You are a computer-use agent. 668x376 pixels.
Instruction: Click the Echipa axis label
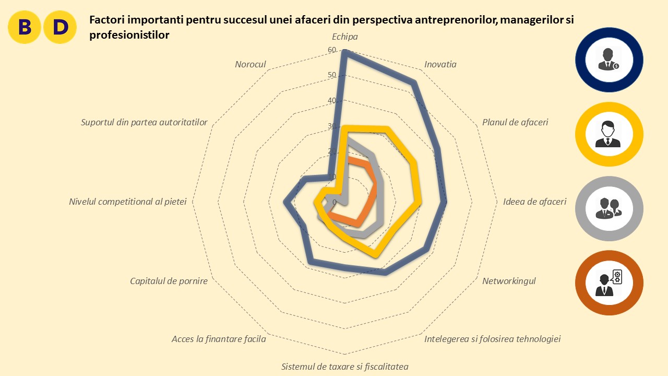coord(344,37)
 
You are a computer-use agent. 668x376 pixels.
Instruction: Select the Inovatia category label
coord(440,65)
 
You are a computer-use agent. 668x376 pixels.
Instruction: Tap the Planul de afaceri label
coord(515,122)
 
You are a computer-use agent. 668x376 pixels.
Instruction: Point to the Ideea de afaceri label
coord(534,202)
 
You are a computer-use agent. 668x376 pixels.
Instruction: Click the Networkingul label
coord(509,281)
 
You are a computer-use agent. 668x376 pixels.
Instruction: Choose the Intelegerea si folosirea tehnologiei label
coord(492,339)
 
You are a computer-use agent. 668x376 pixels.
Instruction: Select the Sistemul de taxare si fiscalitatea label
coord(344,366)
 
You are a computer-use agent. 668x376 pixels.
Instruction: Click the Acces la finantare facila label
coord(219,339)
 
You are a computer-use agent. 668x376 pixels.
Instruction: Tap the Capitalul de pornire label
coord(169,281)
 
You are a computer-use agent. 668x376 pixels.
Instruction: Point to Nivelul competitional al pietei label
coord(127,202)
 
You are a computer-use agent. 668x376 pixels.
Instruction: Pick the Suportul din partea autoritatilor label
coord(144,122)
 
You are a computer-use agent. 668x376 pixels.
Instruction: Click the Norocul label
coord(250,65)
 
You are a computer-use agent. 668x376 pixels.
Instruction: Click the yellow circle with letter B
coord(25,27)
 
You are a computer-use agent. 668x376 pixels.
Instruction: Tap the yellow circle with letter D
coord(60,27)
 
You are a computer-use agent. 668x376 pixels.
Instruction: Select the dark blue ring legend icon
coord(609,60)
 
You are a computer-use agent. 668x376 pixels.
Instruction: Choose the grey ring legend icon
coord(609,209)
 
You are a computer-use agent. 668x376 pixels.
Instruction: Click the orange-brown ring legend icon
coord(609,283)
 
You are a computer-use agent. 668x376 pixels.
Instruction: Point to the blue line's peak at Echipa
coord(344,51)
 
